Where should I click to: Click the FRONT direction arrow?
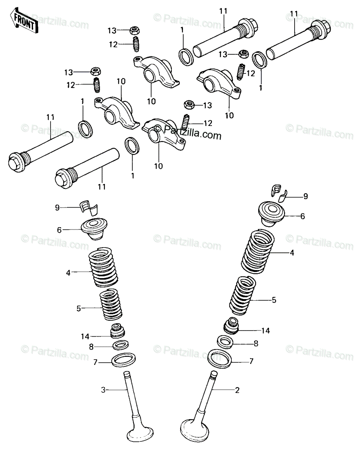[x=24, y=20]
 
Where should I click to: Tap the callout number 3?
[x=103, y=390]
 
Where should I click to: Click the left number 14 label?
[x=85, y=337]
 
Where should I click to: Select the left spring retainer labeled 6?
[x=94, y=229]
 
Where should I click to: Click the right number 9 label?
[x=305, y=196]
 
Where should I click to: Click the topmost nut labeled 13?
[x=134, y=31]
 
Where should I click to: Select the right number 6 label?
[x=303, y=216]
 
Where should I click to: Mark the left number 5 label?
[x=78, y=308]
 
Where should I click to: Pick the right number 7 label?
[x=251, y=361]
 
